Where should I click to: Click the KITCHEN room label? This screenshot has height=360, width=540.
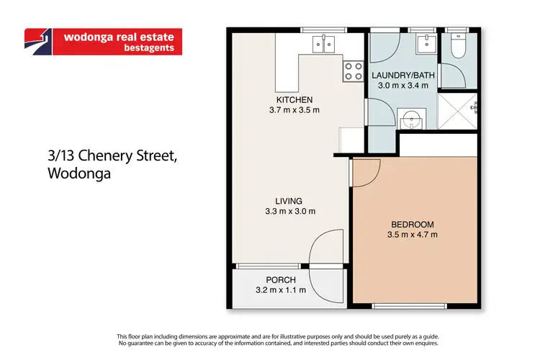[294, 99]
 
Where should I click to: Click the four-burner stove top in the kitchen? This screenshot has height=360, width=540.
[353, 71]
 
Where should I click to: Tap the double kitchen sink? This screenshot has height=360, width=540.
[323, 44]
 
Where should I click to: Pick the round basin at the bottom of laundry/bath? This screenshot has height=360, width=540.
[412, 117]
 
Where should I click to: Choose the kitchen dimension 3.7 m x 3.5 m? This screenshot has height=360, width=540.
[294, 110]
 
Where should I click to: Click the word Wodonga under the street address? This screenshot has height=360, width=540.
[77, 174]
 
